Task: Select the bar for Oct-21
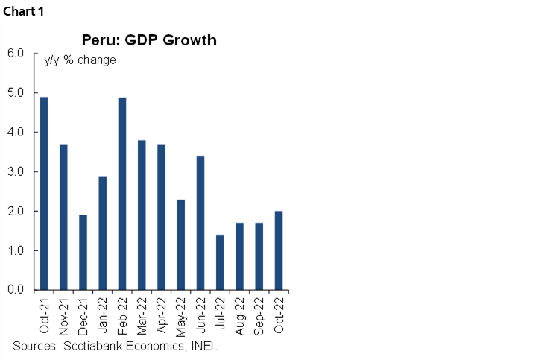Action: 44,194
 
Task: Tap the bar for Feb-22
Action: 122,194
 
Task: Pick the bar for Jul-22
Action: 220,262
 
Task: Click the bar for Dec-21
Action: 83,253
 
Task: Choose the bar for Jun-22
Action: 200,223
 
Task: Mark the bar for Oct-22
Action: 279,250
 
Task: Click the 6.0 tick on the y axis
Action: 16,54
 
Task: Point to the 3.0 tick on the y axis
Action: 16,172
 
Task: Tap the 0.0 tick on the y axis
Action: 16,290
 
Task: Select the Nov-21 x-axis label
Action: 64,315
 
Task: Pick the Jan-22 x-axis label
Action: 103,315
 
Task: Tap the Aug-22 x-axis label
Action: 240,315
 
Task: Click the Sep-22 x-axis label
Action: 259,315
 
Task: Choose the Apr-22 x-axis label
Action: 162,315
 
